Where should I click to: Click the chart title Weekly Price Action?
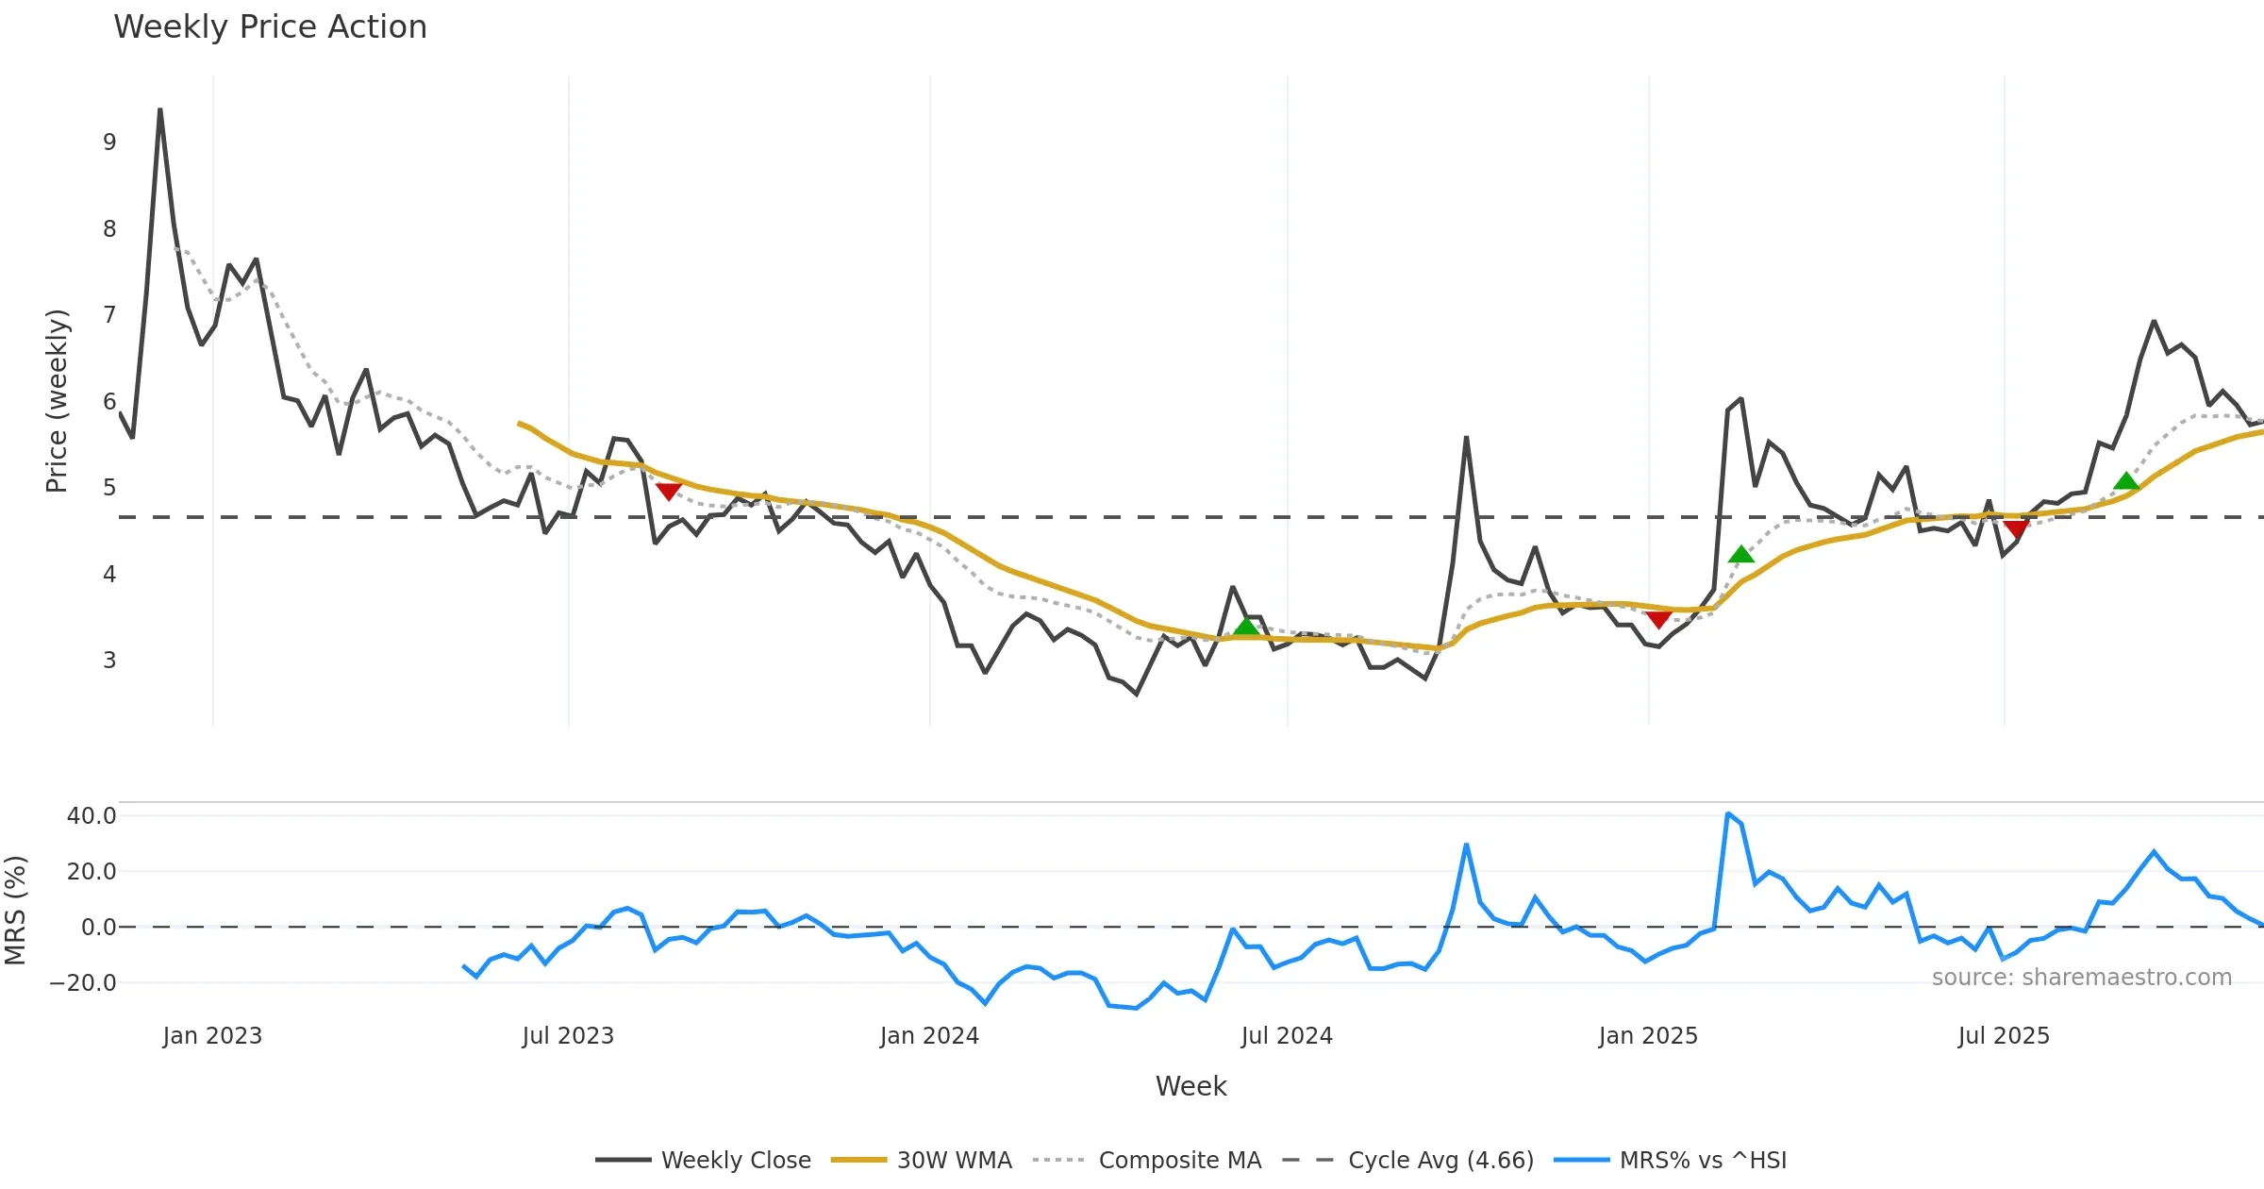coord(270,27)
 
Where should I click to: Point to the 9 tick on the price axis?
coord(109,142)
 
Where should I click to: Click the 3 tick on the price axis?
coord(109,661)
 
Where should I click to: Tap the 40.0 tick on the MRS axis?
coord(92,816)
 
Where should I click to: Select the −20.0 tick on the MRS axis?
coord(83,983)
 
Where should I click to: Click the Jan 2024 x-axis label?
coord(929,1036)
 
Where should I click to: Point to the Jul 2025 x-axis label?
coord(2004,1036)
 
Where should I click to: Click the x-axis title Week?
coord(1190,1087)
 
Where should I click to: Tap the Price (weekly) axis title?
coord(57,401)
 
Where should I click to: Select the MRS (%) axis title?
coord(15,911)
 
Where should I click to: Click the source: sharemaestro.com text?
coord(2081,978)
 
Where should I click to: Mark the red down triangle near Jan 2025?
coord(1658,619)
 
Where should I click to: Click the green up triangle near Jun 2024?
coord(1246,627)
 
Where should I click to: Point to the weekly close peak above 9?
coord(160,110)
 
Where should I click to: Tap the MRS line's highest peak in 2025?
coord(1727,813)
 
